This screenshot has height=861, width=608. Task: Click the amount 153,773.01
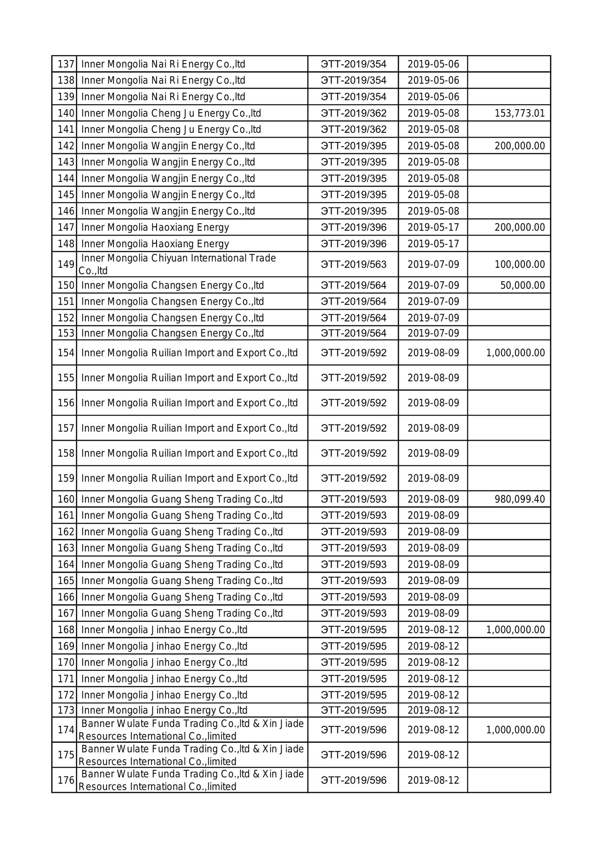pyautogui.click(x=519, y=113)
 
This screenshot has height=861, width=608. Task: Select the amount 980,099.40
pyautogui.click(x=519, y=499)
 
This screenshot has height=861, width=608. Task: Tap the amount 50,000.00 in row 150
pyautogui.click(x=522, y=285)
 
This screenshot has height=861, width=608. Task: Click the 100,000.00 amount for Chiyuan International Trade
pyautogui.click(x=519, y=264)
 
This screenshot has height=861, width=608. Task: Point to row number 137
pyautogui.click(x=65, y=64)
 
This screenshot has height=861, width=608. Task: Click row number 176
pyautogui.click(x=65, y=780)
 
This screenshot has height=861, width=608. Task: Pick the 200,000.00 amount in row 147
pyautogui.click(x=519, y=228)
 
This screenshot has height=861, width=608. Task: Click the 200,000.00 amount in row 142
pyautogui.click(x=519, y=146)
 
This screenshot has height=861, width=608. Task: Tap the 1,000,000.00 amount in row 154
pyautogui.click(x=515, y=353)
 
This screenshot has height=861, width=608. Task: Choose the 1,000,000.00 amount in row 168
pyautogui.click(x=515, y=630)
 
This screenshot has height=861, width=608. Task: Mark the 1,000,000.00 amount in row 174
pyautogui.click(x=515, y=730)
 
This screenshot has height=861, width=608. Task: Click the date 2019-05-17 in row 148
pyautogui.click(x=433, y=244)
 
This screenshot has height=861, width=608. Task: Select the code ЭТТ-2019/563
pyautogui.click(x=353, y=264)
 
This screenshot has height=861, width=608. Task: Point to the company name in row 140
pyautogui.click(x=171, y=113)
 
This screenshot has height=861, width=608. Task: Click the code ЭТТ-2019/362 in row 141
pyautogui.click(x=353, y=130)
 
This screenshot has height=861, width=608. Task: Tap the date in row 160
pyautogui.click(x=433, y=499)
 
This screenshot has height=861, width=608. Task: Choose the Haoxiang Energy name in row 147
pyautogui.click(x=155, y=228)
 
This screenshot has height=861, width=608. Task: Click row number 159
pyautogui.click(x=65, y=478)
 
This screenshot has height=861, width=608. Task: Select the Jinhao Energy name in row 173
pyautogui.click(x=164, y=710)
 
